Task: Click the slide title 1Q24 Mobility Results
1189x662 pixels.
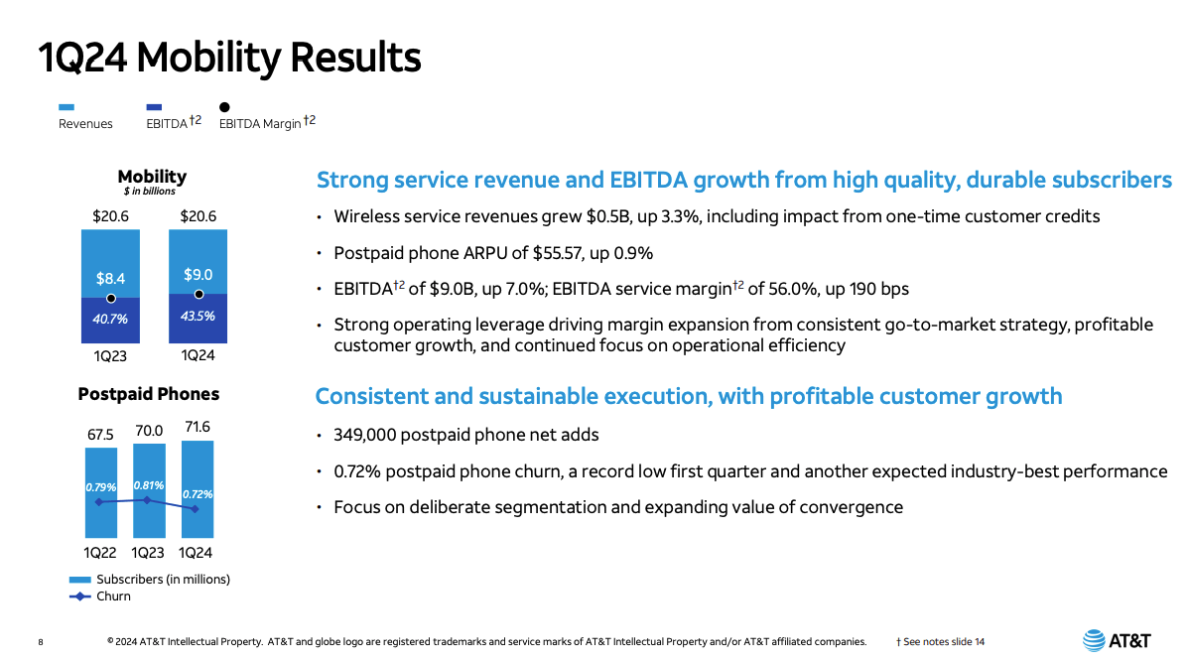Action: (x=229, y=58)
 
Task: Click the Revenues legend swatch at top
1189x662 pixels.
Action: (x=66, y=107)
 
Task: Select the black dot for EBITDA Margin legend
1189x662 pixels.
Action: (x=225, y=107)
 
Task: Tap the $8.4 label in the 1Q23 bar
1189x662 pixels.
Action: (x=110, y=279)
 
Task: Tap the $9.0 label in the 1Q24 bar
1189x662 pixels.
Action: (x=198, y=275)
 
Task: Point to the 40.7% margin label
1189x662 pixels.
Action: (x=110, y=320)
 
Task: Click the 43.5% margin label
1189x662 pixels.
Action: (x=198, y=316)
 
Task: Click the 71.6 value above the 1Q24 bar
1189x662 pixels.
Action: (x=197, y=427)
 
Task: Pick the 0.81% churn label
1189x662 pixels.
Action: (x=148, y=485)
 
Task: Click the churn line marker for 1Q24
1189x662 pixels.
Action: (x=195, y=509)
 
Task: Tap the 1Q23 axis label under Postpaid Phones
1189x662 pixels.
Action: (x=148, y=553)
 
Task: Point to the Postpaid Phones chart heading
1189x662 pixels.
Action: (x=149, y=394)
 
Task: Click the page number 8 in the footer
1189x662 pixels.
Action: (x=41, y=642)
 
